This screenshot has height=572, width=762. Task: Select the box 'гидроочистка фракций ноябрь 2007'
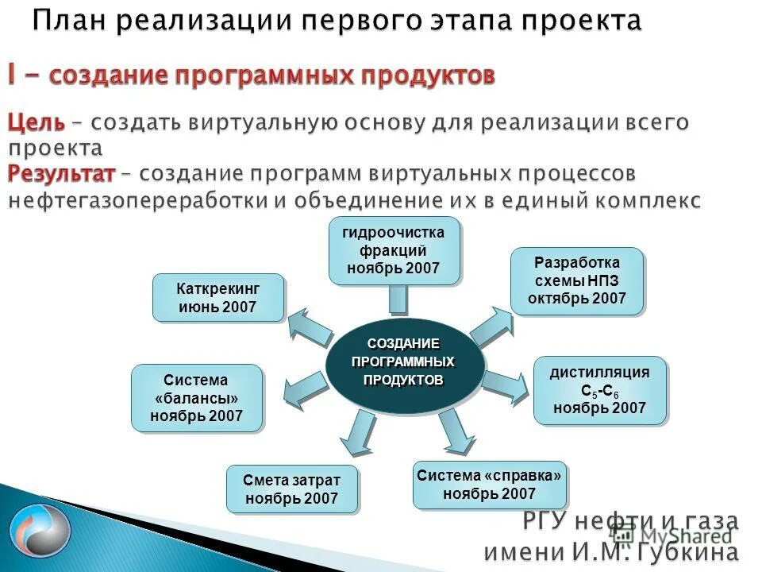[394, 250]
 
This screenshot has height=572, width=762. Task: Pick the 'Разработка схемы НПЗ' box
[577, 281]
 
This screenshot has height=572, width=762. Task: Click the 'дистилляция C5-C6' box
[599, 390]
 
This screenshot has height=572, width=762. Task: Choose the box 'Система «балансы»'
[196, 398]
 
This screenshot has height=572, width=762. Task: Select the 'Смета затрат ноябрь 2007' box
[292, 489]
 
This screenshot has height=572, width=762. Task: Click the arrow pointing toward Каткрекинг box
[309, 327]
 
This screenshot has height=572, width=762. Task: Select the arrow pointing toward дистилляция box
[505, 385]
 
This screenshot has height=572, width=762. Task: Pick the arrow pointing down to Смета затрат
[355, 434]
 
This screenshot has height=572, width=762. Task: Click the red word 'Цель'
[36, 123]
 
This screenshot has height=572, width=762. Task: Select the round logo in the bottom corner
[33, 531]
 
